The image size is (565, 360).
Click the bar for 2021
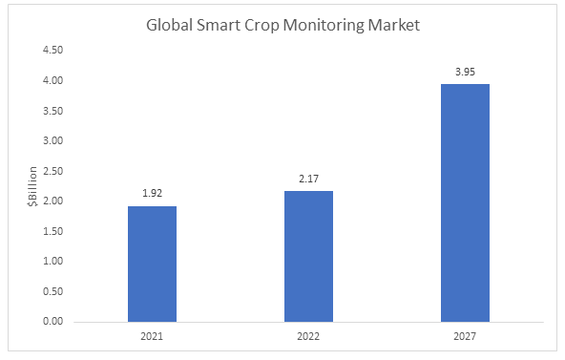(152, 264)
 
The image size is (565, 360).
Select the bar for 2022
(308, 256)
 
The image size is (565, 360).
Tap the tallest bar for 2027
(465, 202)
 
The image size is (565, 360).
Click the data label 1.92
(152, 192)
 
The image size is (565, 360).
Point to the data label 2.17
(308, 178)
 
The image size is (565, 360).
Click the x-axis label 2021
(152, 336)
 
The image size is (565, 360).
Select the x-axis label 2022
(308, 336)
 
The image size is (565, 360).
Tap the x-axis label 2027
(465, 336)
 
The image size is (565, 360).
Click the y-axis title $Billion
(31, 186)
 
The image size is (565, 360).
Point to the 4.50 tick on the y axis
(53, 51)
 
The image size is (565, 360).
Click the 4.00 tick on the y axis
(53, 81)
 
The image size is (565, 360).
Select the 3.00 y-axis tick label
(53, 141)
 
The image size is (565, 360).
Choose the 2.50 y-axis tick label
(53, 171)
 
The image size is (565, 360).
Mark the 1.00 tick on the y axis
(53, 262)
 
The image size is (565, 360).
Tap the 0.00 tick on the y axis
(53, 322)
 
